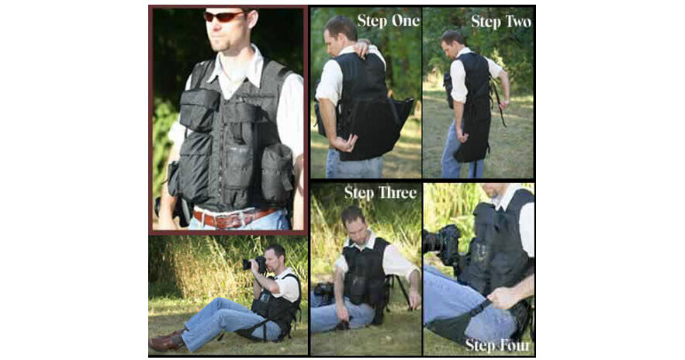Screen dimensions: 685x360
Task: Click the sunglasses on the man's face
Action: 224,16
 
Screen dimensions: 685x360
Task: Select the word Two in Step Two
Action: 517,22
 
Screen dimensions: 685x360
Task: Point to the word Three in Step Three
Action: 396,192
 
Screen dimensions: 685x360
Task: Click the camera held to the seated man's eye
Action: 255,264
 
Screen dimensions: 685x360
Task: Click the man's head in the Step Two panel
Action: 451,43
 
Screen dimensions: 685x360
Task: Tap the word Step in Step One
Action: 372,20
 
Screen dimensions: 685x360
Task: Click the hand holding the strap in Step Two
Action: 504,105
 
